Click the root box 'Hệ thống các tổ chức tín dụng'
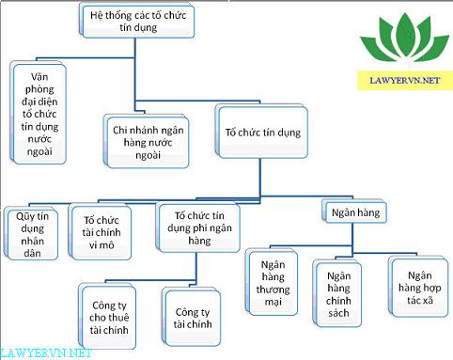[x=136, y=22]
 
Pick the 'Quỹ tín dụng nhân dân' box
[x=31, y=229]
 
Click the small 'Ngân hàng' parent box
[x=352, y=213]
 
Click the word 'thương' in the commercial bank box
[x=273, y=291]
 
